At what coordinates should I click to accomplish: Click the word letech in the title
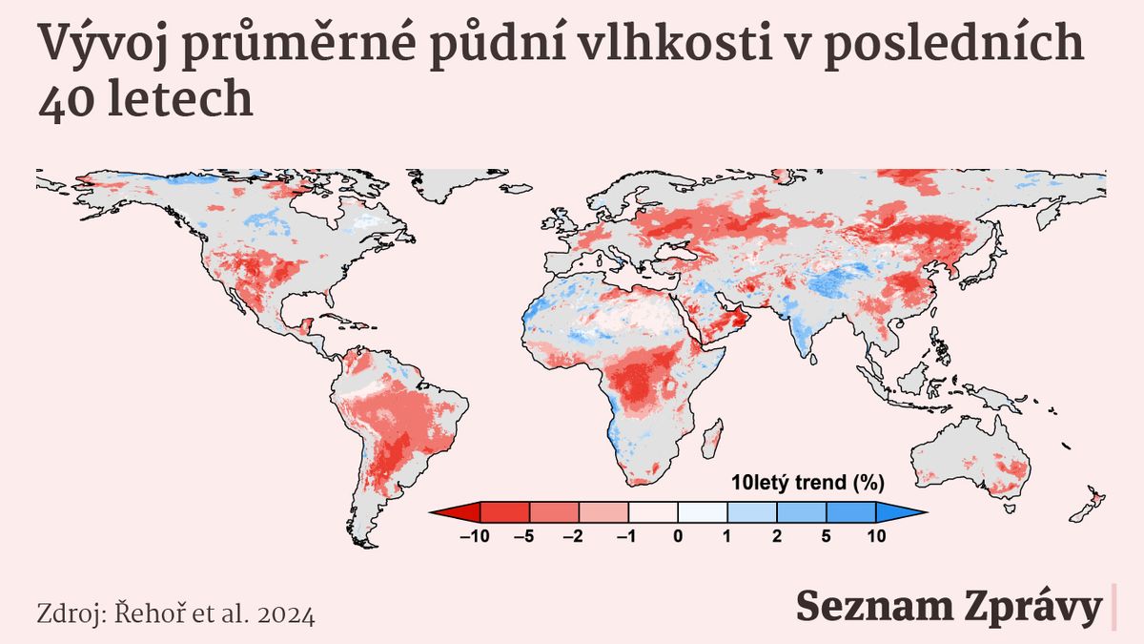177,99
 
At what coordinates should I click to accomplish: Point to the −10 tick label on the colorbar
475,536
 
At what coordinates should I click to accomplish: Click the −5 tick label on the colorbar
525,536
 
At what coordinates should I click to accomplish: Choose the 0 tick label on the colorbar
678,536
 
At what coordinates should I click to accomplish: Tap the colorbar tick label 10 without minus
876,536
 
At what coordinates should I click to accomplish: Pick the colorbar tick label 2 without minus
777,536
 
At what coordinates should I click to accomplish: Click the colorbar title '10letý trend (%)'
808,483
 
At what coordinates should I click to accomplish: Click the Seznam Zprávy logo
949,608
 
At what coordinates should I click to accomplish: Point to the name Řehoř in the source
148,613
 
